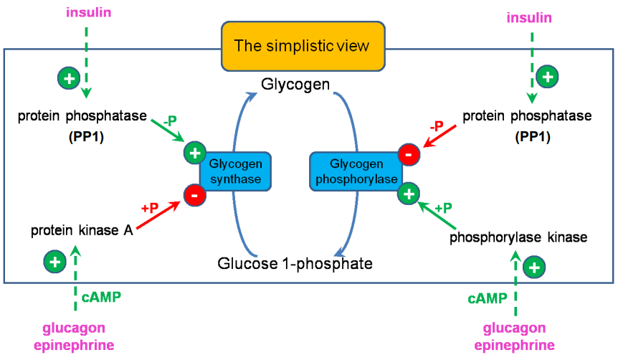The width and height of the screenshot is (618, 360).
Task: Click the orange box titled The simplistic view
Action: click(x=303, y=46)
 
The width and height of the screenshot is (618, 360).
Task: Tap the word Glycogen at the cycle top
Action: click(x=295, y=85)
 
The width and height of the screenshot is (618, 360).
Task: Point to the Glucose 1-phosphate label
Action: click(x=295, y=263)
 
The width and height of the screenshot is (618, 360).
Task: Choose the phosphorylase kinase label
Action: click(x=518, y=237)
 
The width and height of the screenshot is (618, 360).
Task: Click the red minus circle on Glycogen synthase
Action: click(x=194, y=194)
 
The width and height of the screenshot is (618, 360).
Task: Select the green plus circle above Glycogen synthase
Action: click(x=194, y=152)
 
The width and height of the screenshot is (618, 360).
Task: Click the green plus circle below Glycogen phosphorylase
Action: click(x=409, y=192)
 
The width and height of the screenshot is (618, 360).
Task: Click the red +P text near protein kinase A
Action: click(x=150, y=208)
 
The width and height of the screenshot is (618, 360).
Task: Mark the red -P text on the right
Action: click(x=436, y=126)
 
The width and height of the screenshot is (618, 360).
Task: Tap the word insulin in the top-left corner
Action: click(x=87, y=13)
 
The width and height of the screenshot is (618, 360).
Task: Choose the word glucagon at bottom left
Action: click(x=74, y=328)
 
